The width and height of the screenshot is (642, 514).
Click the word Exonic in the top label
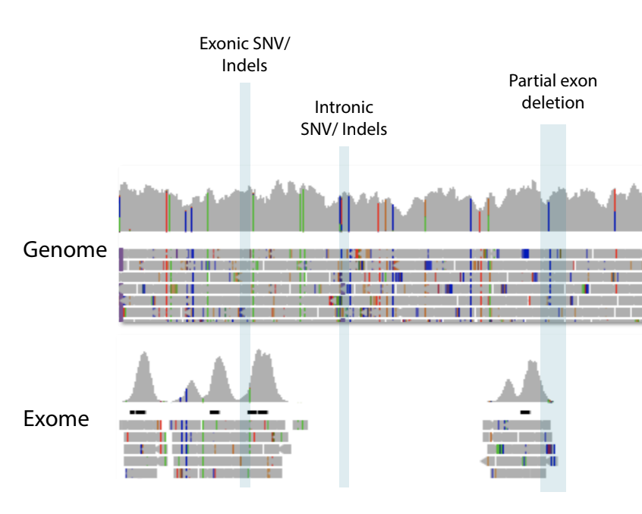pos(224,44)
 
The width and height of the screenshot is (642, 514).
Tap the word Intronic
pos(344,108)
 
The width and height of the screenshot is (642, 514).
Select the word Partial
pos(530,80)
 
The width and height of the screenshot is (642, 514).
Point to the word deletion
pos(552,102)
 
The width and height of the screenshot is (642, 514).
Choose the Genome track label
pos(65,249)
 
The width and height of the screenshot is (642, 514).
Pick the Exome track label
pos(56,418)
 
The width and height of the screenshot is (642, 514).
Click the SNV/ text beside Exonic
pos(272,44)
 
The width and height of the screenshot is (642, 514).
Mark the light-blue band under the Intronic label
pos(344,316)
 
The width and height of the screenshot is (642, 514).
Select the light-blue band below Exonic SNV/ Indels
pos(245,284)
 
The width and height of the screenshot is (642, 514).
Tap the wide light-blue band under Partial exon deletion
pos(553,308)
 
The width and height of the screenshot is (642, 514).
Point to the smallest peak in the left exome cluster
pos(191,392)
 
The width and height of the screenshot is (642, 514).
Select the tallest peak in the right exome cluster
pos(532,381)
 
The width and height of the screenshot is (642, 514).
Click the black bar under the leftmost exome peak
pos(137,412)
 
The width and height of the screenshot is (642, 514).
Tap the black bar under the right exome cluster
pos(525,412)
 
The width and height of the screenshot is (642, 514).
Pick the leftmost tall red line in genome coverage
pos(167,211)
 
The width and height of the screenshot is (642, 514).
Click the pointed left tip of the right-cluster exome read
pos(480,462)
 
